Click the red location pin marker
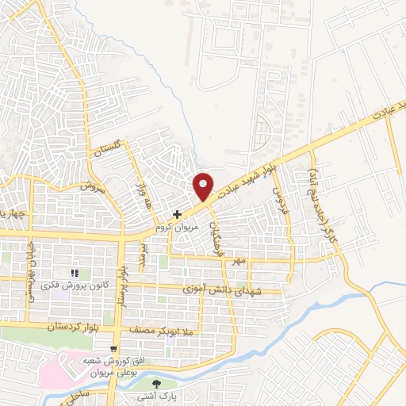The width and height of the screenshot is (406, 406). (x=204, y=186)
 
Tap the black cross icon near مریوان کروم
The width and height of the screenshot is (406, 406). (x=177, y=213)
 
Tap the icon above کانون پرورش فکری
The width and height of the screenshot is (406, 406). (x=75, y=274)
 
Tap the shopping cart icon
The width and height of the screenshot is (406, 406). (x=114, y=349)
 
